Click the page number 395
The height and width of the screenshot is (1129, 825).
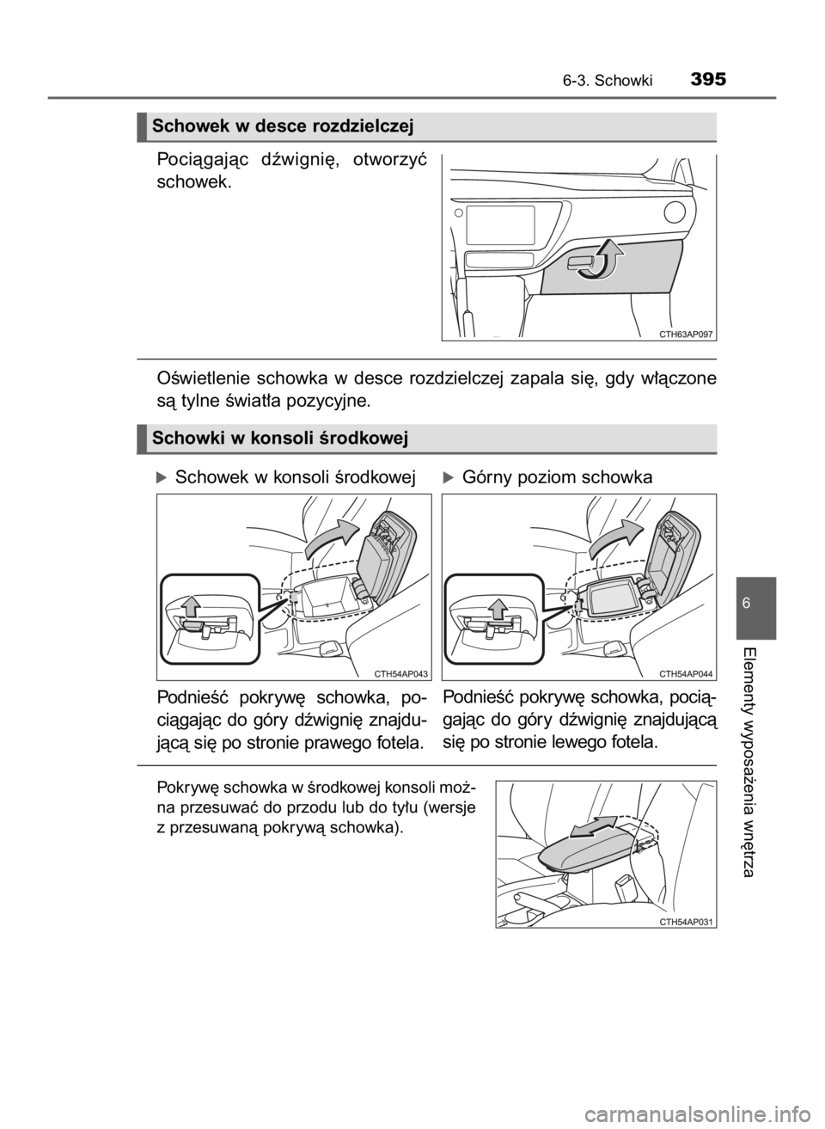pos(708,79)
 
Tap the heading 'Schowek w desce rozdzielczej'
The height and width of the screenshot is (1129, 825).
pos(283,126)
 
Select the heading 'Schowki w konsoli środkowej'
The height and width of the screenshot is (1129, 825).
pos(279,438)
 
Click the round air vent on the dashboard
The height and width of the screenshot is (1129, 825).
pos(675,212)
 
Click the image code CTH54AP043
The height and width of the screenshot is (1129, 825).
pos(401,673)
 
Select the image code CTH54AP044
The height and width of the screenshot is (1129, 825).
pos(686,673)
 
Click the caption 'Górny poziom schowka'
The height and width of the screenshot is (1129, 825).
pos(557,477)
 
